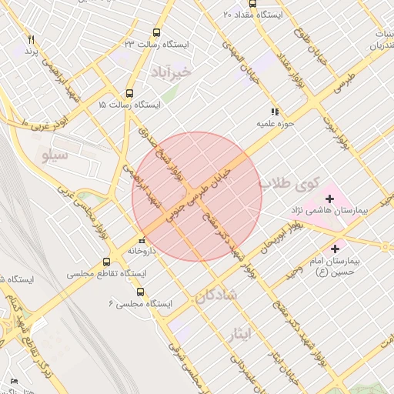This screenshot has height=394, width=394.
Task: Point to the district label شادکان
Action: pyautogui.click(x=216, y=295)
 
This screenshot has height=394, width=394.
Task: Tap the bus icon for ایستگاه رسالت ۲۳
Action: pyautogui.click(x=157, y=33)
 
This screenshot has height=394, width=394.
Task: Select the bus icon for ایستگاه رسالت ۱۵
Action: pyautogui.click(x=129, y=92)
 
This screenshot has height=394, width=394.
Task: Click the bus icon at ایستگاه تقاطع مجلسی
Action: pyautogui.click(x=106, y=262)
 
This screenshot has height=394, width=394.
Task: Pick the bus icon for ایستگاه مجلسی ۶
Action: pyautogui.click(x=140, y=292)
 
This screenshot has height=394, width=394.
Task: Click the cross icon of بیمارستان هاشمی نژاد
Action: pyautogui.click(x=330, y=199)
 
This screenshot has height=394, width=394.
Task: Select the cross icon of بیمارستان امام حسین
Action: pyautogui.click(x=335, y=249)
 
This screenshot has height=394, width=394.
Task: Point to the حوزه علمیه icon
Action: pyautogui.click(x=274, y=112)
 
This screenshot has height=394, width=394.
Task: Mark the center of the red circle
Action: pyautogui.click(x=197, y=197)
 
